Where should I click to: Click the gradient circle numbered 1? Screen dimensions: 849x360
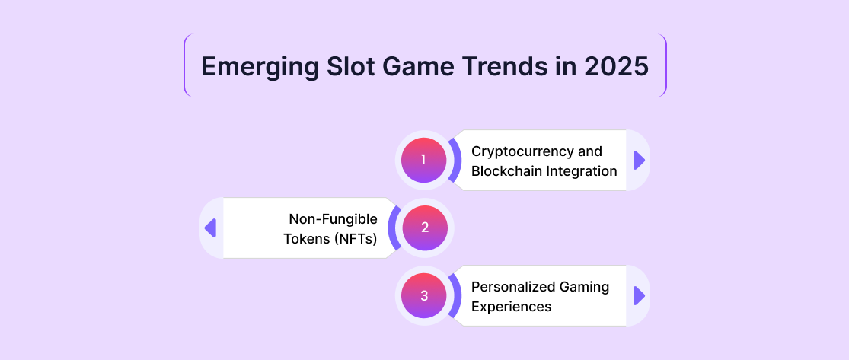coord(424,161)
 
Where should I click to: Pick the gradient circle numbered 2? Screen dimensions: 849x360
coord(425,228)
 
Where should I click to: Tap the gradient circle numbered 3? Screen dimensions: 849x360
coord(424,295)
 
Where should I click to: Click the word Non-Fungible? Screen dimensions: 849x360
coord(333,219)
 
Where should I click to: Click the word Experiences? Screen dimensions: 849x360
coord(511,307)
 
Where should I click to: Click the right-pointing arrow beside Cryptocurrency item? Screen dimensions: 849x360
coord(639,161)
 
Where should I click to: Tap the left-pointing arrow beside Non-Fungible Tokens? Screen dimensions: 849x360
coord(210,228)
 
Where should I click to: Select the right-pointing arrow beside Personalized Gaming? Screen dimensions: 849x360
coord(639,295)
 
